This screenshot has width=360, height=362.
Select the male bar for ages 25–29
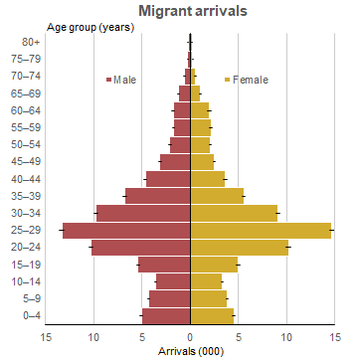pyautogui.click(x=126, y=230)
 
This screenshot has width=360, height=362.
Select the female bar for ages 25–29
pyautogui.click(x=261, y=230)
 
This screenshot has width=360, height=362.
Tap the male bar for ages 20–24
pyautogui.click(x=140, y=248)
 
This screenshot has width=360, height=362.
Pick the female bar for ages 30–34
pyautogui.click(x=234, y=213)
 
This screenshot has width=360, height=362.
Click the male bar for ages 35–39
pyautogui.click(x=157, y=196)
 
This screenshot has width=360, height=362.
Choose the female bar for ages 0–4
pyautogui.click(x=212, y=316)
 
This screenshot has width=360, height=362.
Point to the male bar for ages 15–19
pyautogui.click(x=164, y=265)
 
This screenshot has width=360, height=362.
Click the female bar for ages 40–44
pyautogui.click(x=208, y=179)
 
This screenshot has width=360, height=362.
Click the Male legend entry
pyautogui.click(x=123, y=80)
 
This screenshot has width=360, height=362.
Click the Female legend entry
pyautogui.click(x=250, y=80)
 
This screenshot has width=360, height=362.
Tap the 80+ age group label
pyautogui.click(x=31, y=42)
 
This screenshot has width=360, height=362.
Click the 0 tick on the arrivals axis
pyautogui.click(x=190, y=336)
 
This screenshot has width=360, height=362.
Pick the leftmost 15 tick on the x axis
pyautogui.click(x=46, y=336)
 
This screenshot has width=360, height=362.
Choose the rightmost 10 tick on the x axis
pyautogui.click(x=286, y=336)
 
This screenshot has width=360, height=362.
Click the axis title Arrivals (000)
pyautogui.click(x=190, y=351)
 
